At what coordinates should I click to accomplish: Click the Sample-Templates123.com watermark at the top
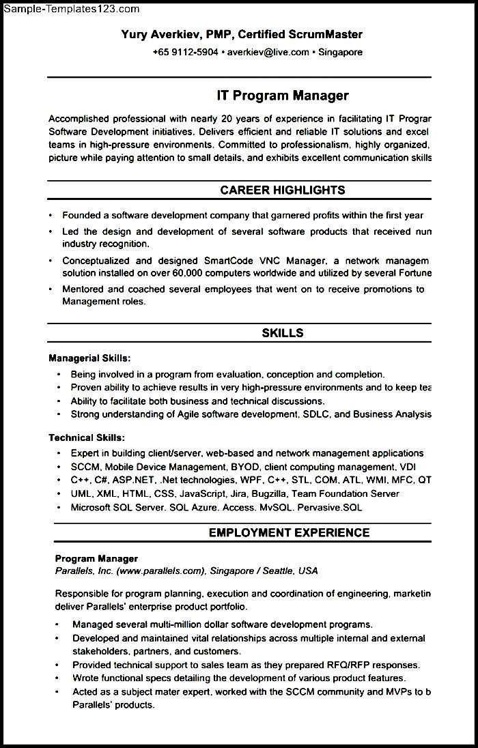click(x=71, y=9)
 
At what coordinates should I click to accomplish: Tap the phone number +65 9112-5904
click(x=185, y=52)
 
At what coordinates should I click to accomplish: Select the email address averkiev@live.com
click(x=268, y=52)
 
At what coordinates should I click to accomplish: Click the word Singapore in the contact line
click(x=340, y=52)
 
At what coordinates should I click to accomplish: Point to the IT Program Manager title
click(x=283, y=96)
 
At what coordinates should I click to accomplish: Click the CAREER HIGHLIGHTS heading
click(x=283, y=190)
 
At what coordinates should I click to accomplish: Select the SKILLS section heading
click(x=283, y=333)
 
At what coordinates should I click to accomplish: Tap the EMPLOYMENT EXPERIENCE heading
click(x=290, y=533)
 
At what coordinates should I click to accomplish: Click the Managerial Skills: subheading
click(x=89, y=358)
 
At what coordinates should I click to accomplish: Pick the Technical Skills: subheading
click(x=87, y=437)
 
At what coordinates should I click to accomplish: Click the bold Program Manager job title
click(x=96, y=558)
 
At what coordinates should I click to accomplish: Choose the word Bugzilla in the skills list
click(x=270, y=493)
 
